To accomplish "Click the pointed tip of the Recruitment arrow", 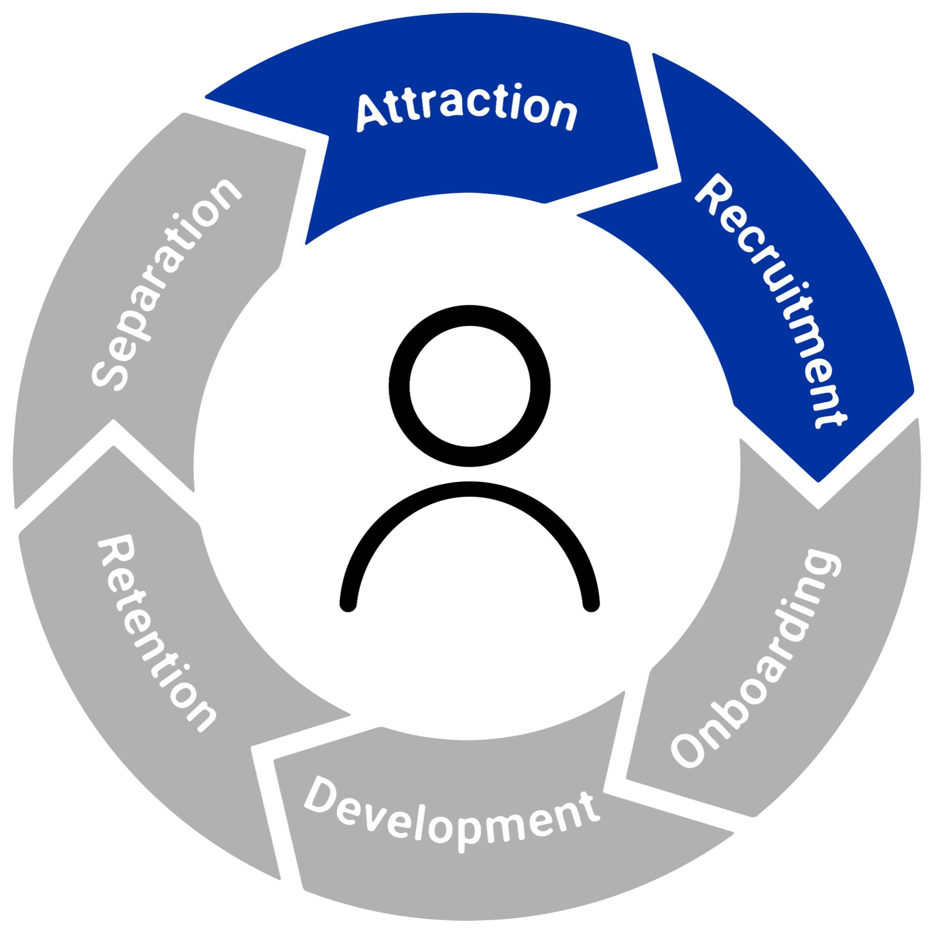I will [x=818, y=481].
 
